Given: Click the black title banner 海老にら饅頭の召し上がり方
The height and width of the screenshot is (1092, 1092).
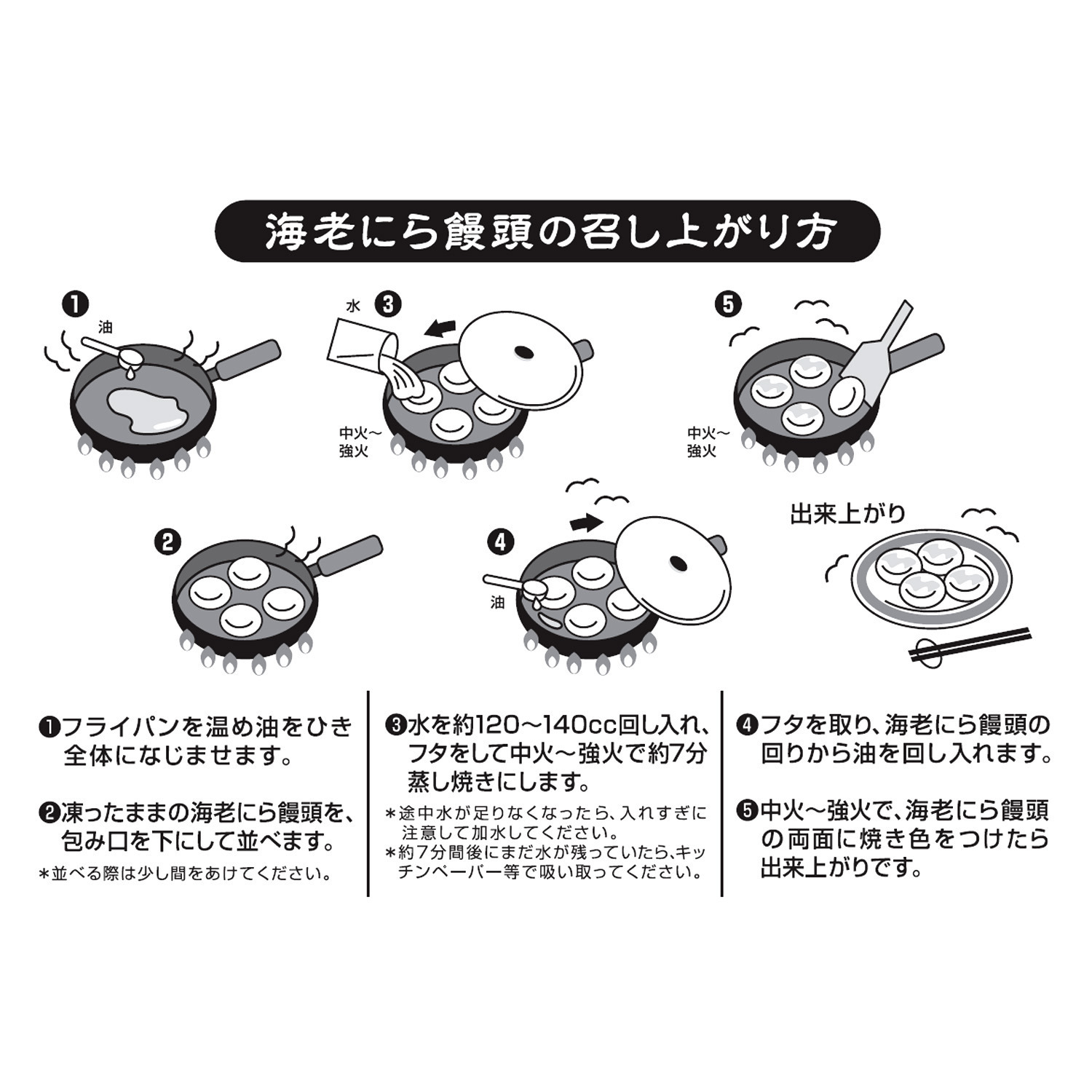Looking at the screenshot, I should click(x=546, y=232).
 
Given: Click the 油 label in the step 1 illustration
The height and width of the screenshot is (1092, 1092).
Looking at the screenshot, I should click(x=106, y=329).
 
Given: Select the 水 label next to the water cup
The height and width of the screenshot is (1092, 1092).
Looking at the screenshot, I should click(x=353, y=306).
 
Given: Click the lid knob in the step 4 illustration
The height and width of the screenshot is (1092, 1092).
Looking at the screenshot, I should click(x=678, y=563).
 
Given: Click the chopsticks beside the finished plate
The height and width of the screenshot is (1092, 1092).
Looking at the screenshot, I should click(x=968, y=645).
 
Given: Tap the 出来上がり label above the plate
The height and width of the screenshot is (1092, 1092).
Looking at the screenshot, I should click(x=847, y=514).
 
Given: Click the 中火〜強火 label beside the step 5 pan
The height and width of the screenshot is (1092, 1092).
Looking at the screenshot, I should click(x=704, y=442).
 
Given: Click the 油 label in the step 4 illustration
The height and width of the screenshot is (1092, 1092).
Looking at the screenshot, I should click(x=498, y=602).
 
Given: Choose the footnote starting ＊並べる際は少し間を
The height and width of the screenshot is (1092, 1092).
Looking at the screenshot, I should click(x=186, y=874).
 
